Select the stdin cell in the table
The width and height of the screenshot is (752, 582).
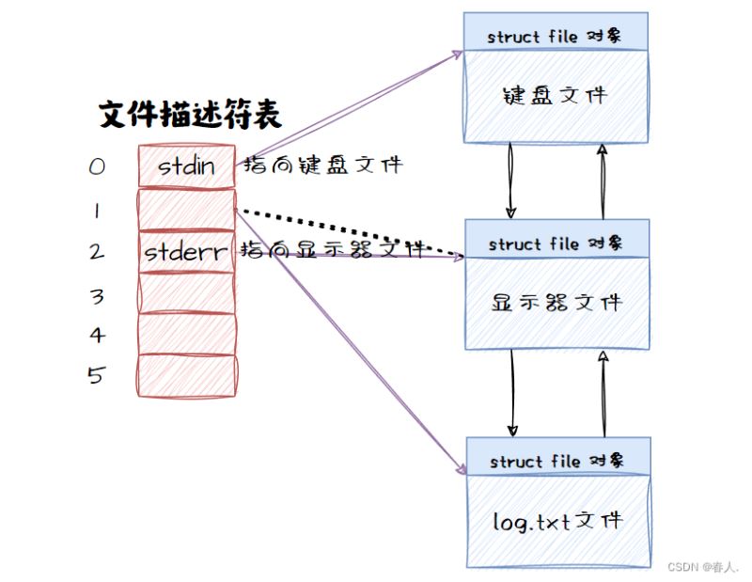tap(186, 167)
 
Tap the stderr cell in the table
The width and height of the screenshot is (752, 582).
tap(186, 251)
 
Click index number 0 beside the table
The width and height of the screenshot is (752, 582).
tap(97, 167)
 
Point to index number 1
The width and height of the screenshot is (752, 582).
tap(97, 211)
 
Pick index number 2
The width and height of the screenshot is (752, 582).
tap(97, 251)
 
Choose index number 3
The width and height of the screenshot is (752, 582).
tap(97, 296)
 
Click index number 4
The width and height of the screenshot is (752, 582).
tap(97, 335)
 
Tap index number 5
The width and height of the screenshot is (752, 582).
tap(97, 375)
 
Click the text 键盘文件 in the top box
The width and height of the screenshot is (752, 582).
tap(556, 94)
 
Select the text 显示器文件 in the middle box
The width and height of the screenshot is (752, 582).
tap(556, 302)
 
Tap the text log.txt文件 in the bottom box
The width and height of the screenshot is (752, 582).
tap(556, 520)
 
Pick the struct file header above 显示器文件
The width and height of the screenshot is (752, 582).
tap(555, 244)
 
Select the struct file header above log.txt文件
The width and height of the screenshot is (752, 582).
tap(556, 461)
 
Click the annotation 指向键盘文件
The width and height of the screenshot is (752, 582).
tap(322, 166)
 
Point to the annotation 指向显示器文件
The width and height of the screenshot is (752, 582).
tap(335, 249)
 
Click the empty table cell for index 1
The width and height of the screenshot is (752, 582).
tap(186, 210)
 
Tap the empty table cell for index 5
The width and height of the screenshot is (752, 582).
tap(186, 376)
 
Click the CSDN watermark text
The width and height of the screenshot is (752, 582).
tap(703, 567)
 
